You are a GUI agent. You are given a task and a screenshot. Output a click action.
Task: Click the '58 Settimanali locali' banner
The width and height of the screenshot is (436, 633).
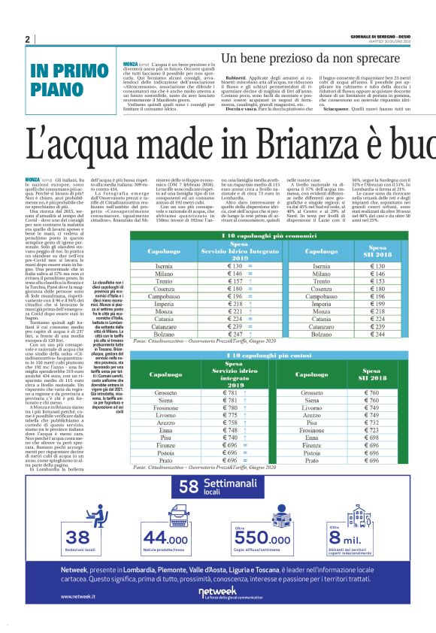coord(217,488)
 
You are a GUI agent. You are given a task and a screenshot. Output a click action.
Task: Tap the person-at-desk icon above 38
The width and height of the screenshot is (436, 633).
coord(77,519)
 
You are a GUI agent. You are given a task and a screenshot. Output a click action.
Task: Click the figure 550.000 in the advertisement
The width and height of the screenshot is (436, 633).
coord(264,539)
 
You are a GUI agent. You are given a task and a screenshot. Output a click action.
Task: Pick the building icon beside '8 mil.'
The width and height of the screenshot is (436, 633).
coord(358,518)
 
